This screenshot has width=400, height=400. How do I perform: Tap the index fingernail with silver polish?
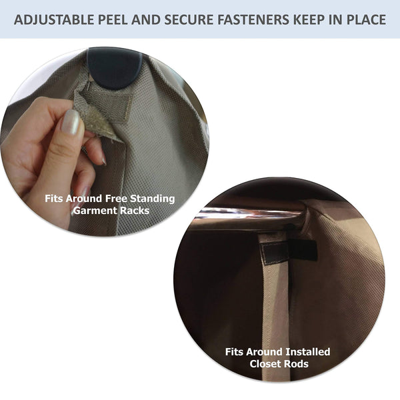(x=70, y=123)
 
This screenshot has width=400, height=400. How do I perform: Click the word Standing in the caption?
(x=153, y=198)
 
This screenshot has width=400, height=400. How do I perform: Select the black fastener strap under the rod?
(x=288, y=250)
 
